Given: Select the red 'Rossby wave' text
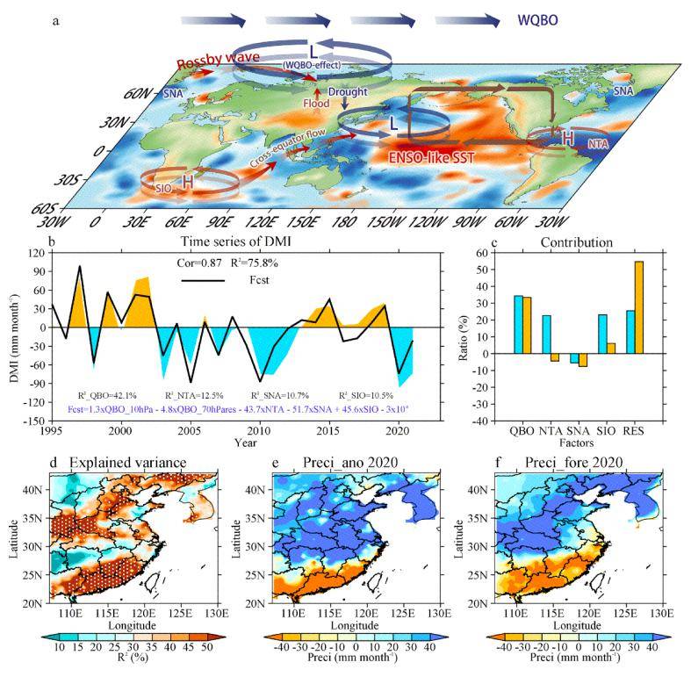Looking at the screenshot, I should [218, 64].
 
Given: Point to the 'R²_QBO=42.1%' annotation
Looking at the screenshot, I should [102, 395].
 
